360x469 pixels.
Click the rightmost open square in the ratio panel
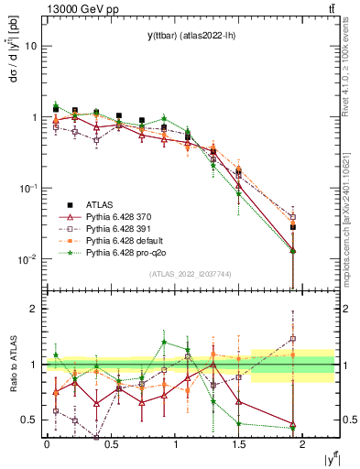292,339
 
